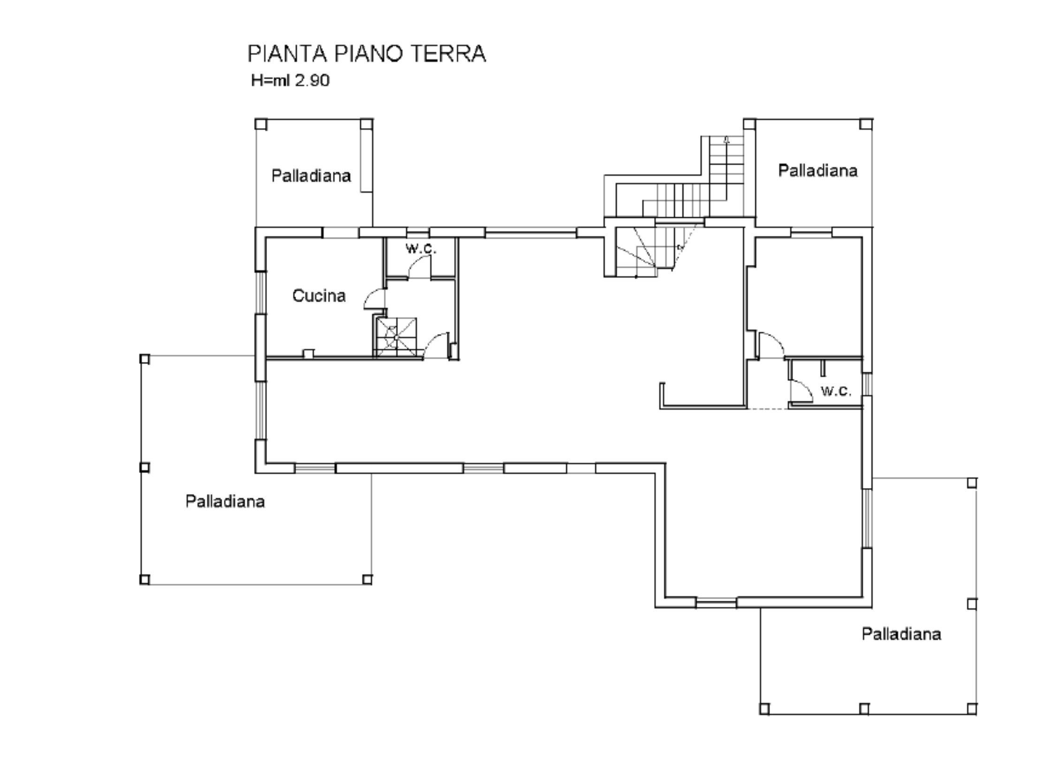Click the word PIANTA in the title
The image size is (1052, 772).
click(x=287, y=54)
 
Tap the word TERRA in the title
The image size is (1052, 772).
click(x=448, y=54)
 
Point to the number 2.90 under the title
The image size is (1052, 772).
click(x=312, y=80)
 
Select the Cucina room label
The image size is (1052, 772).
click(x=319, y=296)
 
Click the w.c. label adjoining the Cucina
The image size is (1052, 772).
click(x=421, y=248)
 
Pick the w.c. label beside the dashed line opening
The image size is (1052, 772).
click(x=836, y=390)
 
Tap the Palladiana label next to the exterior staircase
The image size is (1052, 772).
click(x=818, y=170)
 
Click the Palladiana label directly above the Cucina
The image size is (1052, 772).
click(x=311, y=176)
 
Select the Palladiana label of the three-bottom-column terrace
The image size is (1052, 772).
click(x=901, y=634)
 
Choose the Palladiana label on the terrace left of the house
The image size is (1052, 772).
click(x=225, y=501)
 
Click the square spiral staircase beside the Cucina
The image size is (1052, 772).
click(x=396, y=337)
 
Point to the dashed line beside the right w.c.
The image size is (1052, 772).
click(x=767, y=409)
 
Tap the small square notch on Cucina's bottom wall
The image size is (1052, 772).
click(x=308, y=353)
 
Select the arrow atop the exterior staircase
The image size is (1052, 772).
click(x=727, y=139)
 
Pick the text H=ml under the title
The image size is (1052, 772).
click(x=271, y=80)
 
